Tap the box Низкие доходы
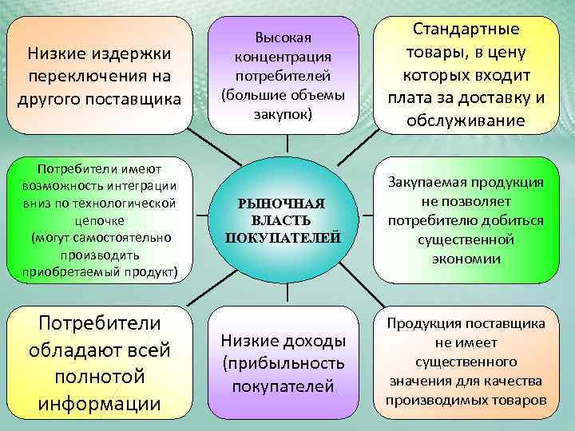pos(283,363)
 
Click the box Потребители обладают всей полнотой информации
pos(100,363)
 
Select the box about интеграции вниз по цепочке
pos(100,220)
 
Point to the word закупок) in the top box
pos(283,114)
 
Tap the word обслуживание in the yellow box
pos(466,121)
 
